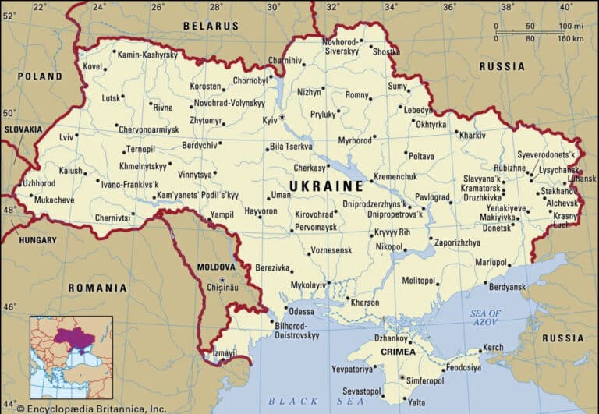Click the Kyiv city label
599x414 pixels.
(x=270, y=120)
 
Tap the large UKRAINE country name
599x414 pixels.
(x=326, y=186)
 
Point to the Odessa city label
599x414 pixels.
(x=301, y=311)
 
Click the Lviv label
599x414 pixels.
(x=66, y=137)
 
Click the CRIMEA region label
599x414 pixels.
(x=399, y=353)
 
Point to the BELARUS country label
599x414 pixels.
(x=211, y=26)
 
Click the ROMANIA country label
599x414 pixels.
(x=97, y=288)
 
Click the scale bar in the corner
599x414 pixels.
(x=538, y=32)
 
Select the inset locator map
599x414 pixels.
(x=71, y=357)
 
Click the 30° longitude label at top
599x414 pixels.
(x=274, y=7)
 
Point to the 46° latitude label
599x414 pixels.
(x=9, y=307)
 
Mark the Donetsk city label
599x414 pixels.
(x=497, y=229)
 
